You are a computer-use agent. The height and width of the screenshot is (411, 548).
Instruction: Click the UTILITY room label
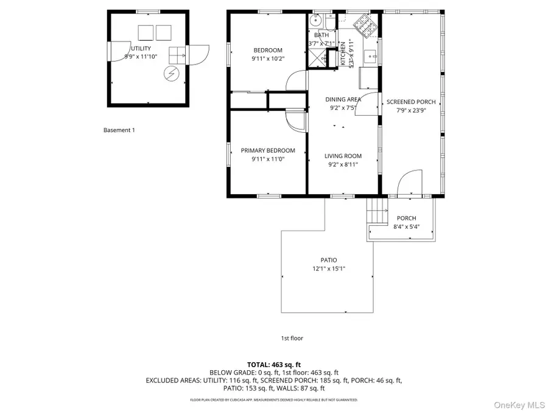(x=140, y=48)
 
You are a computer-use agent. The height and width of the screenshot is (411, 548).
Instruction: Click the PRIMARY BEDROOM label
(x=267, y=150)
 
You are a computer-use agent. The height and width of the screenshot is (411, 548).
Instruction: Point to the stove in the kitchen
(x=366, y=24)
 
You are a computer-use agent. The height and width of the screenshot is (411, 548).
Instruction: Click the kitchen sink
(x=371, y=58)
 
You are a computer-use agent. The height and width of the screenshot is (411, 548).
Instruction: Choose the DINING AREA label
(x=343, y=99)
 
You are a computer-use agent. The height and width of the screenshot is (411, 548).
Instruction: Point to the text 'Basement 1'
(x=119, y=130)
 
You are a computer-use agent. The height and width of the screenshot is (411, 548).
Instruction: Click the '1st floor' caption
(x=292, y=338)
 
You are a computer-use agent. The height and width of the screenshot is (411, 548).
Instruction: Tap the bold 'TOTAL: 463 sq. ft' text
(x=274, y=364)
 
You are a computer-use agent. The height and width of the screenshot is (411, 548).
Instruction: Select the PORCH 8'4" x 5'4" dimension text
(x=406, y=227)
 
